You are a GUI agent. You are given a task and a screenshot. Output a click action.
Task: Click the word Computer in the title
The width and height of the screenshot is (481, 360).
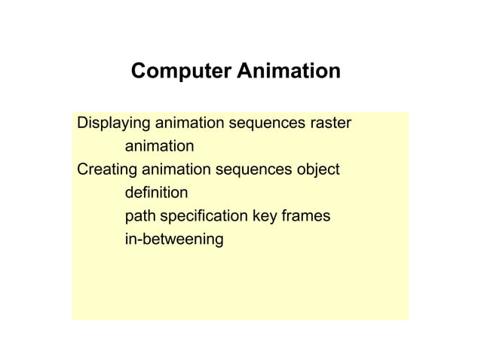point(181,72)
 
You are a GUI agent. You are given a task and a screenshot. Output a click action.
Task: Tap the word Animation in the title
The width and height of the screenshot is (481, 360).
point(289,72)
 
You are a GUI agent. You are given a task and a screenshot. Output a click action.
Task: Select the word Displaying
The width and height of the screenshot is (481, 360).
point(113,122)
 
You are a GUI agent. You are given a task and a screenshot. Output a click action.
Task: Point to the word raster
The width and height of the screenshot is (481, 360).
point(331,122)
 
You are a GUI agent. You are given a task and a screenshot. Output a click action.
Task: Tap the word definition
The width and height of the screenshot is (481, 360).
point(156,194)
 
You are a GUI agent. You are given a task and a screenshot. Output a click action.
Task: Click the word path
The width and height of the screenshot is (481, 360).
point(139,217)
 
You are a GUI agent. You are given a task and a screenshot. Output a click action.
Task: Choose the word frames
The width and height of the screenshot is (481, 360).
point(307,217)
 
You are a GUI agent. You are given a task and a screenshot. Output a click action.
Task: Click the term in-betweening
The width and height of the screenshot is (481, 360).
point(174,241)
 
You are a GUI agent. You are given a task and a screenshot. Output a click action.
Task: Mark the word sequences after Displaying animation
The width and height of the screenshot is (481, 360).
point(266,122)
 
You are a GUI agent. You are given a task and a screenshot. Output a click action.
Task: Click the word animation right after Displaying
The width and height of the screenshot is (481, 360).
point(188,122)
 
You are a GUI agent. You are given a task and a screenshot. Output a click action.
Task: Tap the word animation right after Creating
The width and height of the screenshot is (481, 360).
point(176,170)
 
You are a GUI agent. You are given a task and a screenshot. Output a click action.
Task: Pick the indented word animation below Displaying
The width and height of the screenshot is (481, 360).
point(159,145)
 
